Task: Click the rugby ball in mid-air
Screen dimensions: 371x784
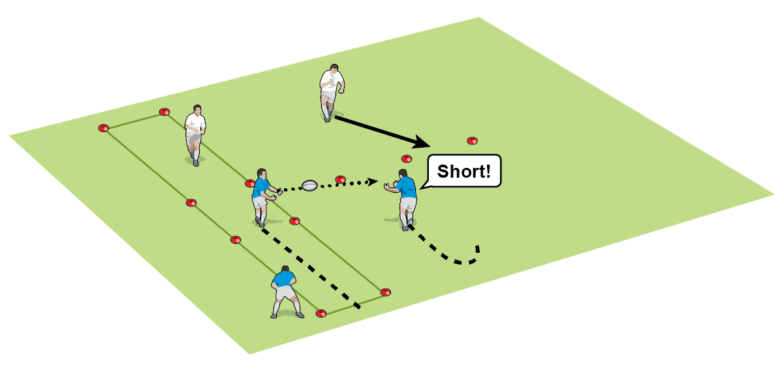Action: [x=309, y=185]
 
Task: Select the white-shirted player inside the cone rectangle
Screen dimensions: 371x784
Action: [x=195, y=133]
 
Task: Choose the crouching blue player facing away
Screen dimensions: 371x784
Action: [x=286, y=291]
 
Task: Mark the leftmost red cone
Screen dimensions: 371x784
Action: [x=102, y=128]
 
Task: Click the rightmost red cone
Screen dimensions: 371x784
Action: [x=472, y=140]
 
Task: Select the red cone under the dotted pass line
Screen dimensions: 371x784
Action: [x=339, y=179]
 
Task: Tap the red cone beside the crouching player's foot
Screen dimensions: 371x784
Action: [x=321, y=314]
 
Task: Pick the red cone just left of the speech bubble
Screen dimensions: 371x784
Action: [x=406, y=159]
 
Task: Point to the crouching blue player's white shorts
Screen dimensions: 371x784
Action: [x=286, y=294]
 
